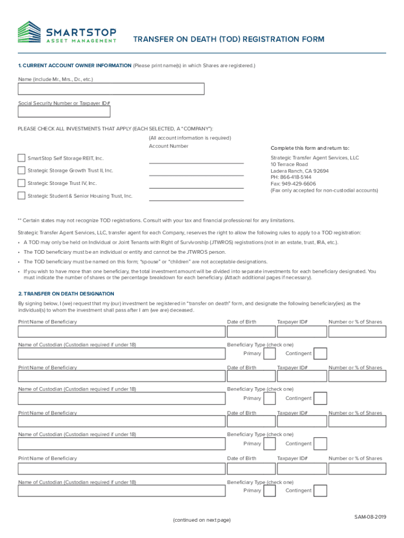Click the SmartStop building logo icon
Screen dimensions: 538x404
point(28,32)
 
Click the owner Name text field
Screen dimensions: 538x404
point(111,89)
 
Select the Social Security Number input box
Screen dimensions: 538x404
point(64,111)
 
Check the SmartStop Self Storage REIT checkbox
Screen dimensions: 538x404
point(21,158)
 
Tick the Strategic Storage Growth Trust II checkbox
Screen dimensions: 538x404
point(21,171)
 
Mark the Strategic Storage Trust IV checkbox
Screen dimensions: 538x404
point(21,183)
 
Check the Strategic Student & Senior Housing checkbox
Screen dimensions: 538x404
point(21,196)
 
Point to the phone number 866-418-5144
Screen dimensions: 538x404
point(297,178)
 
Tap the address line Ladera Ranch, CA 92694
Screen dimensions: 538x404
point(300,171)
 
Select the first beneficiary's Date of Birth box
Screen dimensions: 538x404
point(251,332)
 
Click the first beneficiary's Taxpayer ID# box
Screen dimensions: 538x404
point(300,332)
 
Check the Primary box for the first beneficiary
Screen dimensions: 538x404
point(270,353)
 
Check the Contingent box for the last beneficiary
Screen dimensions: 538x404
point(320,491)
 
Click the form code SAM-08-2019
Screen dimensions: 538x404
point(370,517)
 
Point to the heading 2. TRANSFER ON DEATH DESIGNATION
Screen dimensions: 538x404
point(66,294)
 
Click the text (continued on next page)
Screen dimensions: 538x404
point(201,520)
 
